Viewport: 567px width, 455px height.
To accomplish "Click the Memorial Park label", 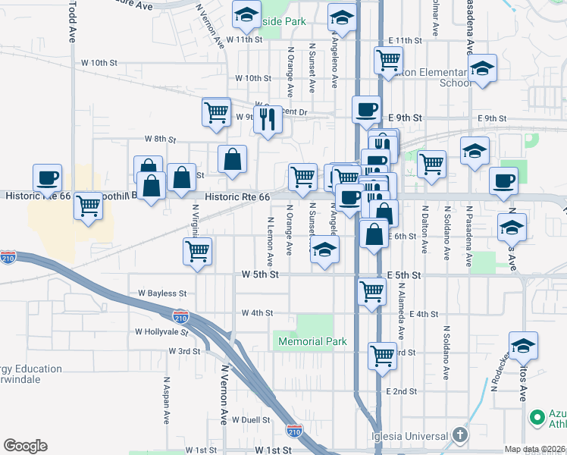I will point(312,341).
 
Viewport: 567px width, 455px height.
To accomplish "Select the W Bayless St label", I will point(162,293).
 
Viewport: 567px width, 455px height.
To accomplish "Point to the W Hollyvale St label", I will point(161,331).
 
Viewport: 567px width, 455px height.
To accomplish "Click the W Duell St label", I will point(251,419).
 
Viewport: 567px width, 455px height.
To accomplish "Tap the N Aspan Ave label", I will point(166,400).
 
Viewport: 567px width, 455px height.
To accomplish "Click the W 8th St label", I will point(160,140).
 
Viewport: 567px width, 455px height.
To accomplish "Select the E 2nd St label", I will point(402,391).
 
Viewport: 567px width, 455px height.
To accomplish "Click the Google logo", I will point(25,446).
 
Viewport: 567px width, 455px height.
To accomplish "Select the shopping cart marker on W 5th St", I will point(371,290).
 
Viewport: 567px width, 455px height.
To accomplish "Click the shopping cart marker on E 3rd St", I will point(383,355).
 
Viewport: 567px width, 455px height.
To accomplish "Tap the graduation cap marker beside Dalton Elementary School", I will point(482,69).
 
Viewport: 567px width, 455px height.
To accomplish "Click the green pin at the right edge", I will point(537,417).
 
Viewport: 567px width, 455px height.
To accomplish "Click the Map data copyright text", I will point(535,449).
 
